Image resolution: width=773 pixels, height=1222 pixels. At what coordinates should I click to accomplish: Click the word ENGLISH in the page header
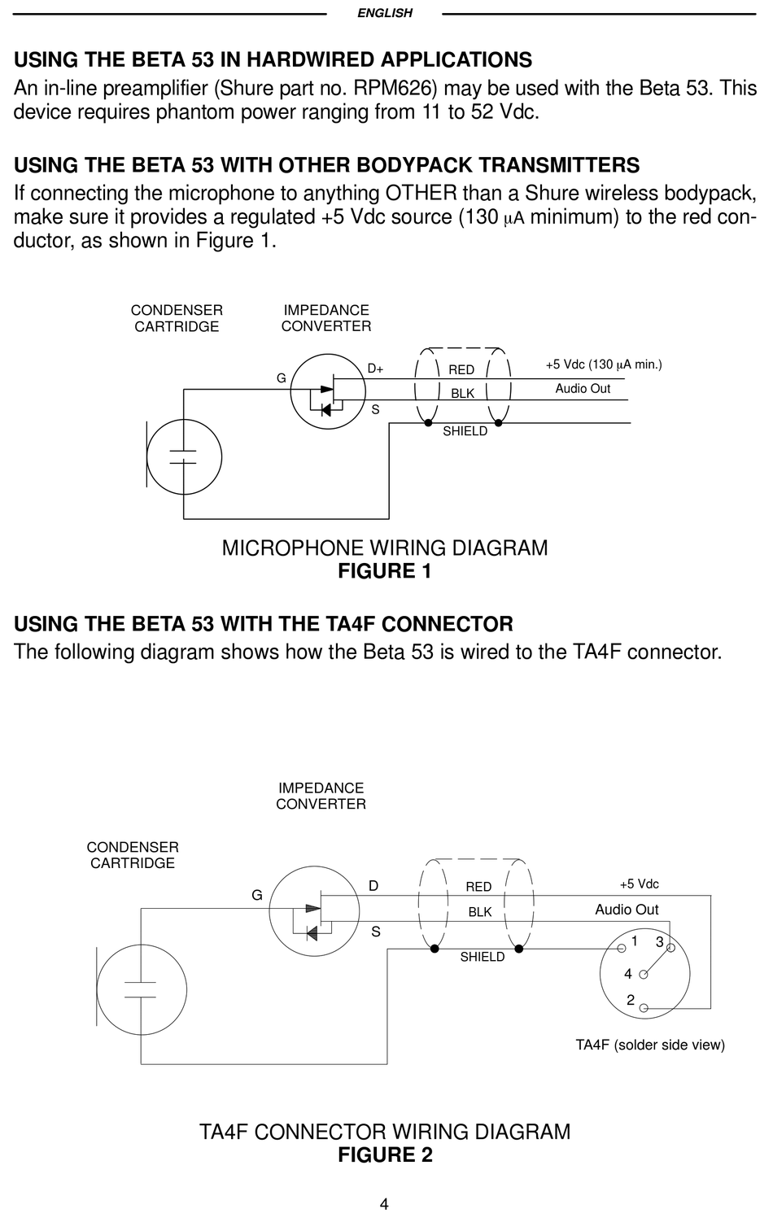pyautogui.click(x=385, y=13)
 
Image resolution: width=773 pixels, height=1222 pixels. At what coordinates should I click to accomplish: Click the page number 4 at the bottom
pyautogui.click(x=384, y=1205)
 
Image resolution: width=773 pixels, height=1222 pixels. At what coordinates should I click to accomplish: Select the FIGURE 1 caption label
pyautogui.click(x=385, y=571)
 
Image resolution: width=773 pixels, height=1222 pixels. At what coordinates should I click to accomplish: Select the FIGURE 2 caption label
pyautogui.click(x=385, y=1155)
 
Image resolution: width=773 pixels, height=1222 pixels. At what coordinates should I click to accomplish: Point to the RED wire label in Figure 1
pyautogui.click(x=461, y=370)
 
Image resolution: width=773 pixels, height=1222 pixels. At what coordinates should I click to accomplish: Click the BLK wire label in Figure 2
pyautogui.click(x=480, y=912)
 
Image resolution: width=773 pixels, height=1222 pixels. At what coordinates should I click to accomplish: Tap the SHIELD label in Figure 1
pyautogui.click(x=465, y=431)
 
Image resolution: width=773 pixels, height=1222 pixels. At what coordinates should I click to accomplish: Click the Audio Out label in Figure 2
pyautogui.click(x=627, y=910)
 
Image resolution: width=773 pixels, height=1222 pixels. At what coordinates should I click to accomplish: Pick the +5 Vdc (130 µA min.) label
pyautogui.click(x=603, y=364)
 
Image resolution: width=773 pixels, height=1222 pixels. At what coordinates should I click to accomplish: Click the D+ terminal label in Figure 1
pyautogui.click(x=375, y=369)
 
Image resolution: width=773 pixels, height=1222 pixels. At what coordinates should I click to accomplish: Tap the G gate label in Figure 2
pyautogui.click(x=257, y=895)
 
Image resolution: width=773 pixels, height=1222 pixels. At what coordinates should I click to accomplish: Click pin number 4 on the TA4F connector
pyautogui.click(x=628, y=974)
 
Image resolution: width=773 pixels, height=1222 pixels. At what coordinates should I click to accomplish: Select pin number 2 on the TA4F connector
pyautogui.click(x=631, y=1001)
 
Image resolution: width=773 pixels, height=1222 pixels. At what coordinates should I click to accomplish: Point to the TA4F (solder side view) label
pyautogui.click(x=650, y=1045)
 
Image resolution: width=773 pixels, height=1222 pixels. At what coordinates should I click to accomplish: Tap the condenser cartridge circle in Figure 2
pyautogui.click(x=139, y=989)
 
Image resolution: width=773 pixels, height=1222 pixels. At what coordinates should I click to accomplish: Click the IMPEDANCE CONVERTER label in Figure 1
pyautogui.click(x=326, y=318)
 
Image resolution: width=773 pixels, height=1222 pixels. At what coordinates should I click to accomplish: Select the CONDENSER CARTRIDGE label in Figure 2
pyautogui.click(x=133, y=855)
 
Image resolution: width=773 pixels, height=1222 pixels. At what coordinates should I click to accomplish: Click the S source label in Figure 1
pyautogui.click(x=375, y=410)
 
